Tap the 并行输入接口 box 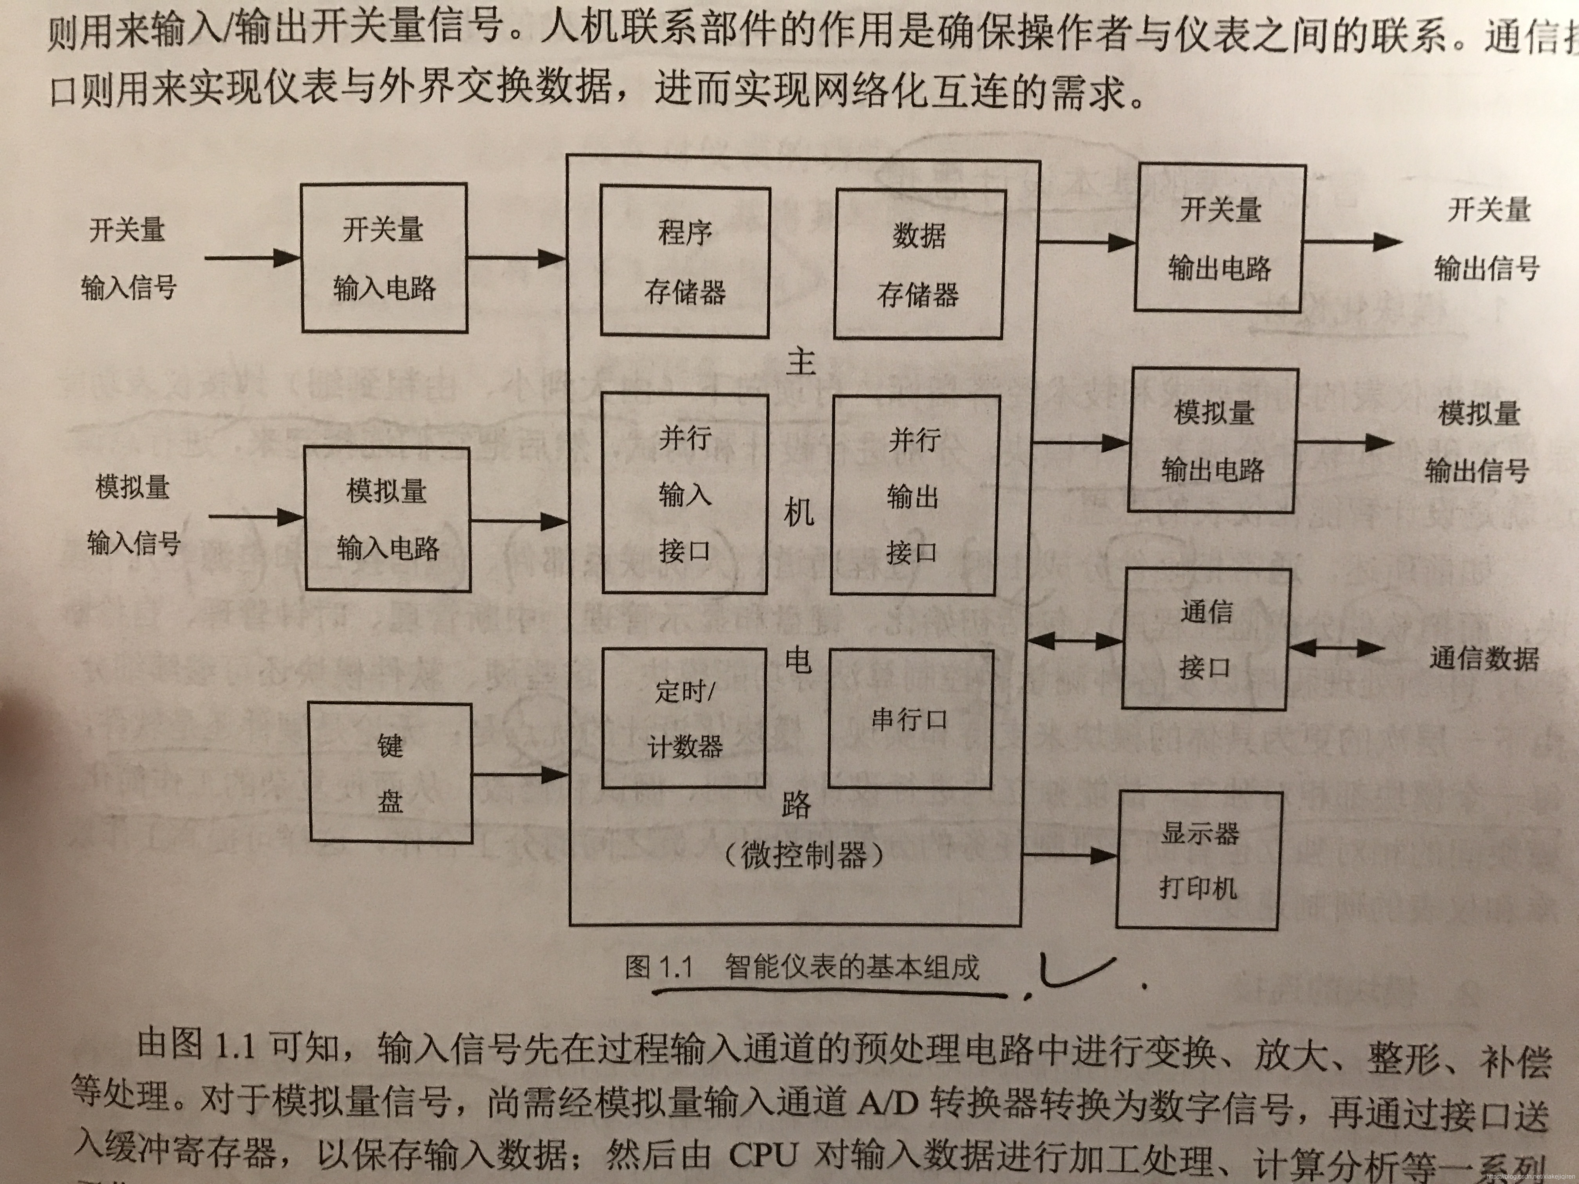pyautogui.click(x=685, y=494)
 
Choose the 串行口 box pyautogui.click(x=910, y=719)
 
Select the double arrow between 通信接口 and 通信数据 pyautogui.click(x=1337, y=648)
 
